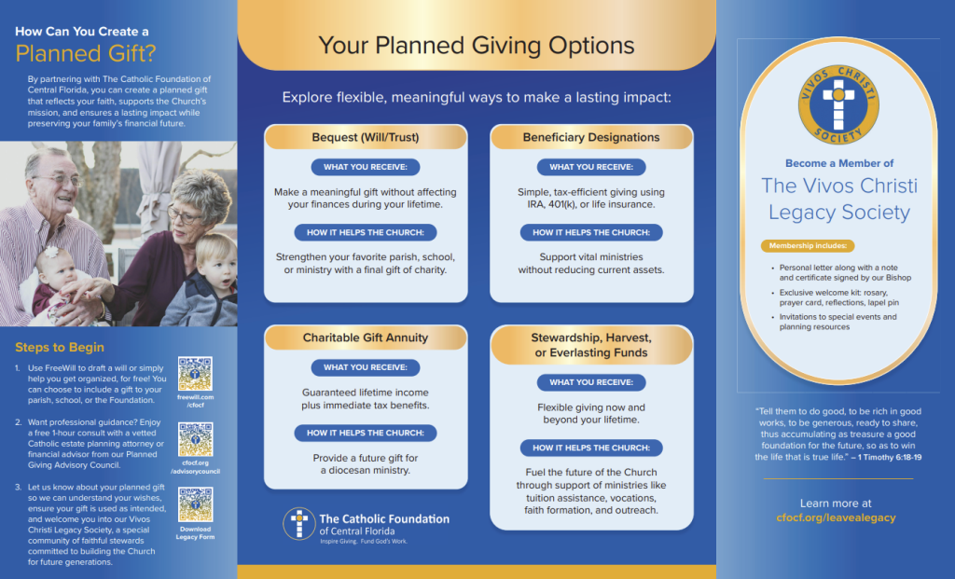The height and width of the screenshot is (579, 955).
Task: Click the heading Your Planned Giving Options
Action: (x=477, y=45)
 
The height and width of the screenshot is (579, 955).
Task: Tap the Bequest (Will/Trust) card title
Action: (x=366, y=137)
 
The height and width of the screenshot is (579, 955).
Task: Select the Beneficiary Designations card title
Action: (x=591, y=137)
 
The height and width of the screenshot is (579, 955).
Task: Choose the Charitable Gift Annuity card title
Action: (x=366, y=338)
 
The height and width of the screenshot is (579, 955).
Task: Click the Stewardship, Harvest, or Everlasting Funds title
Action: (x=591, y=345)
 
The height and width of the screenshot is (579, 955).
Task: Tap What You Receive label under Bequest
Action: (x=366, y=168)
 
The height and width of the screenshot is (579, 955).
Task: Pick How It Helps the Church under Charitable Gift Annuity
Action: (x=366, y=433)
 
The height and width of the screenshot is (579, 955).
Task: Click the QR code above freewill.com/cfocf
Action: (x=195, y=374)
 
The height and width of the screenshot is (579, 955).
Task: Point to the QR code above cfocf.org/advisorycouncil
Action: (x=195, y=439)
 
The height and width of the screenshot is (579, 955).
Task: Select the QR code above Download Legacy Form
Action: (x=195, y=504)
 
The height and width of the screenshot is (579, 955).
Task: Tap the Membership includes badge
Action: (x=808, y=246)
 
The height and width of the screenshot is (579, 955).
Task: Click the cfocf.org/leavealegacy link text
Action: (x=836, y=517)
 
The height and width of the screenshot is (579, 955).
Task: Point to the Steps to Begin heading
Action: (x=60, y=348)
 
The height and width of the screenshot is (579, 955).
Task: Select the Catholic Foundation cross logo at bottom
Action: (x=298, y=524)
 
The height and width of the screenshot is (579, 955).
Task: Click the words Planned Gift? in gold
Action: (x=86, y=52)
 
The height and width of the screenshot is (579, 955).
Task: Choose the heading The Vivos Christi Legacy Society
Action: (x=838, y=199)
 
